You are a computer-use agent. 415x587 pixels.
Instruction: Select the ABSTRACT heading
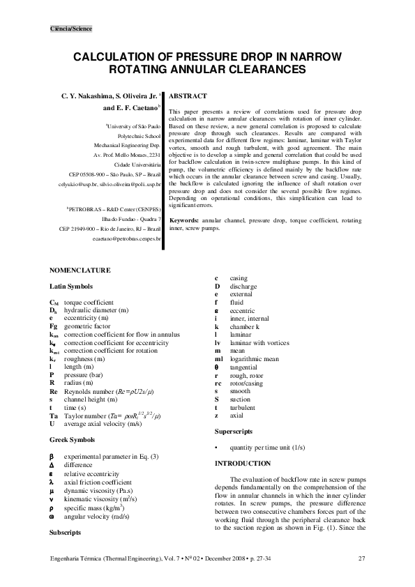coord(188,94)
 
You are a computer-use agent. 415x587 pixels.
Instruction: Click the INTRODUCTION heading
coord(243,464)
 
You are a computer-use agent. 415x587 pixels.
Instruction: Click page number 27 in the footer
coord(361,558)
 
